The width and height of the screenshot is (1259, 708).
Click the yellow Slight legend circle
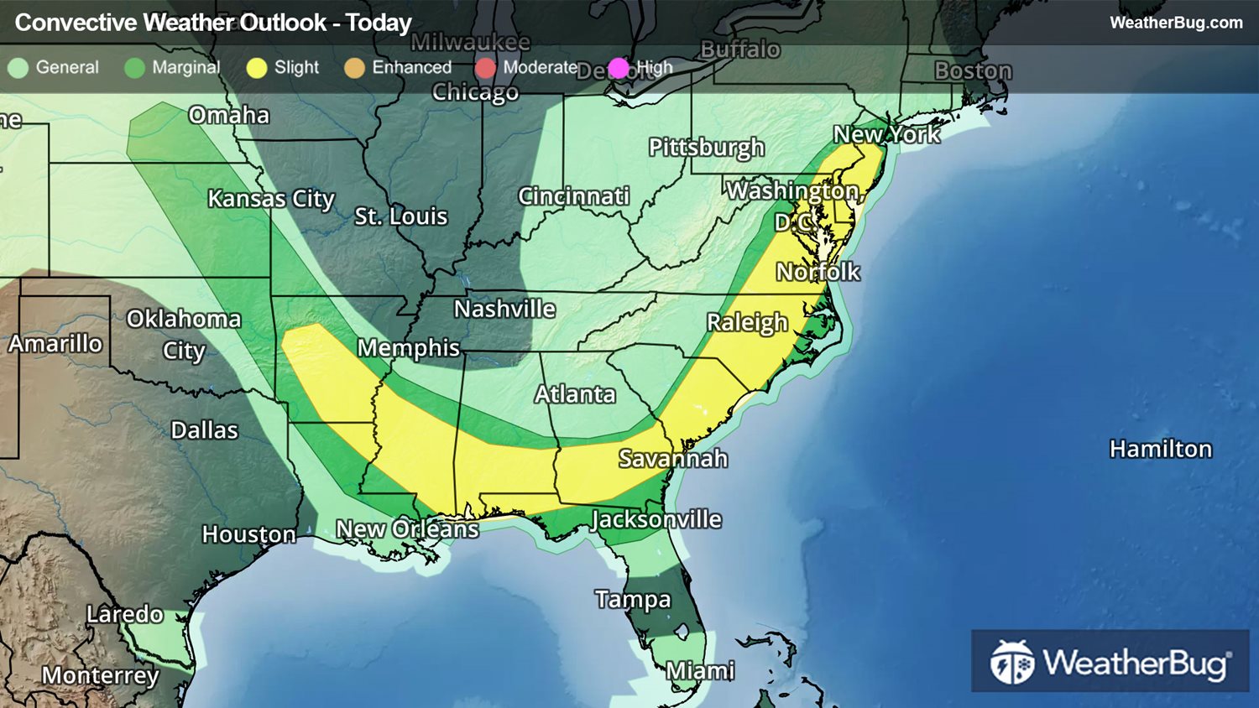pyautogui.click(x=257, y=68)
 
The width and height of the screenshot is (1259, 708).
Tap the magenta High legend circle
pyautogui.click(x=619, y=68)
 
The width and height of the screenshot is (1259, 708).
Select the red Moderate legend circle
pyautogui.click(x=485, y=68)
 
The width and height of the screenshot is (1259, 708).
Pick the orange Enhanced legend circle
pyautogui.click(x=354, y=68)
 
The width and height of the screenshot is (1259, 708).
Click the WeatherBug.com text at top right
pyautogui.click(x=1176, y=23)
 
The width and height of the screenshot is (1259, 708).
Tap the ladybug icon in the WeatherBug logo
pyautogui.click(x=1012, y=663)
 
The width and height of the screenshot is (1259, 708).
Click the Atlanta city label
pyautogui.click(x=575, y=394)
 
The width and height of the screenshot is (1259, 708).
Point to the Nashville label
pyautogui.click(x=504, y=310)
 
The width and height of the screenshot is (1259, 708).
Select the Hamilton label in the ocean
pyautogui.click(x=1161, y=450)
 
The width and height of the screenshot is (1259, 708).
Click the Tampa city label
pyautogui.click(x=633, y=599)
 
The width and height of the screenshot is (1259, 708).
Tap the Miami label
pyautogui.click(x=700, y=671)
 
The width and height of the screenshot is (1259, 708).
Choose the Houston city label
pyautogui.click(x=248, y=534)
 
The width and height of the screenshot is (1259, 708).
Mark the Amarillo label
pyautogui.click(x=55, y=344)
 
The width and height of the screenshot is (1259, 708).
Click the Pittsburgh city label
pyautogui.click(x=706, y=148)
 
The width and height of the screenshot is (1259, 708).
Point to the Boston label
pyautogui.click(x=973, y=71)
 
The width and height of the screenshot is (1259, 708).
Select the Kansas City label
pyautogui.click(x=271, y=199)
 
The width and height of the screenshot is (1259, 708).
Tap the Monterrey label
pyautogui.click(x=100, y=675)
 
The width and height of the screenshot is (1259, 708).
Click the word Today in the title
pyautogui.click(x=379, y=23)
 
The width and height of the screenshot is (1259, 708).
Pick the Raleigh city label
pyautogui.click(x=747, y=323)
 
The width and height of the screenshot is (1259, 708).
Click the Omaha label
pyautogui.click(x=229, y=115)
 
